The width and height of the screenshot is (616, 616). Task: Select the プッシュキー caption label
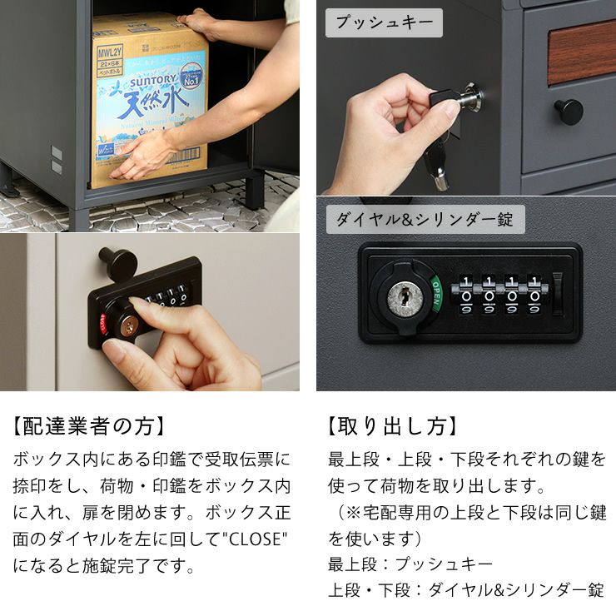click(x=384, y=22)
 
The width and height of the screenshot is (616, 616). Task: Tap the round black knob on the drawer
click(x=569, y=111)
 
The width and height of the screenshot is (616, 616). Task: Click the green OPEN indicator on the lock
click(x=435, y=292)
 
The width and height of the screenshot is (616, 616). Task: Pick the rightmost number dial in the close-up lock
click(x=531, y=296)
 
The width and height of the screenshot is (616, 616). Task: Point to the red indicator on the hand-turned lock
click(x=104, y=323)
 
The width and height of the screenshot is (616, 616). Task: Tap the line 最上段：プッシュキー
click(x=410, y=564)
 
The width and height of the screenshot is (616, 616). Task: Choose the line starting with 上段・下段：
click(x=465, y=591)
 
